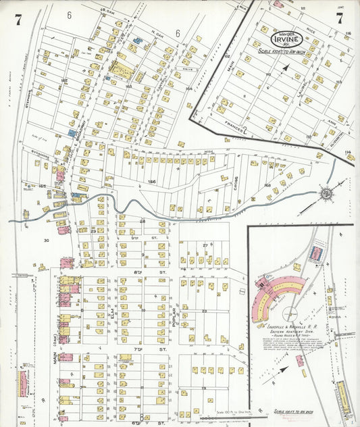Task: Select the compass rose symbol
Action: click(x=326, y=195)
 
